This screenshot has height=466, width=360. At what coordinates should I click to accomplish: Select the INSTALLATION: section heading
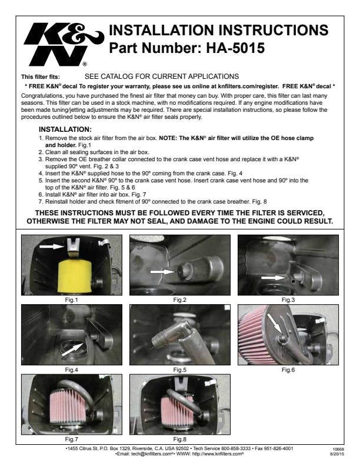(65, 129)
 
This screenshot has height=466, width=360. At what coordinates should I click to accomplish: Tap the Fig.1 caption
(71, 300)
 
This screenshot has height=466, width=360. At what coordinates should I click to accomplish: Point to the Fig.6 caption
(288, 370)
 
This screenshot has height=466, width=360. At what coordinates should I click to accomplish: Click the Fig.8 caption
(179, 439)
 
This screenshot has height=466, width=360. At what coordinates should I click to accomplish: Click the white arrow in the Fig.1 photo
(52, 247)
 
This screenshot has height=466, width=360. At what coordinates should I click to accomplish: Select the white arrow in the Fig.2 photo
(162, 272)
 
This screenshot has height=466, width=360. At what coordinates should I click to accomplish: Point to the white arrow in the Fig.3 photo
(273, 278)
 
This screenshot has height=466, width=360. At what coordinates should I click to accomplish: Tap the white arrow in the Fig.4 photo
(72, 349)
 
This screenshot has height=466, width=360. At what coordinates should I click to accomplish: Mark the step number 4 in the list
(41, 173)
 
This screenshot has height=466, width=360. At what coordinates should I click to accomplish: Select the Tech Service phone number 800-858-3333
(236, 448)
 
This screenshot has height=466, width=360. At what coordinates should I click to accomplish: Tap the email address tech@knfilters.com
(152, 454)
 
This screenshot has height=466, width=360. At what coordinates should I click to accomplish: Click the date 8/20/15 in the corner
(337, 454)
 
